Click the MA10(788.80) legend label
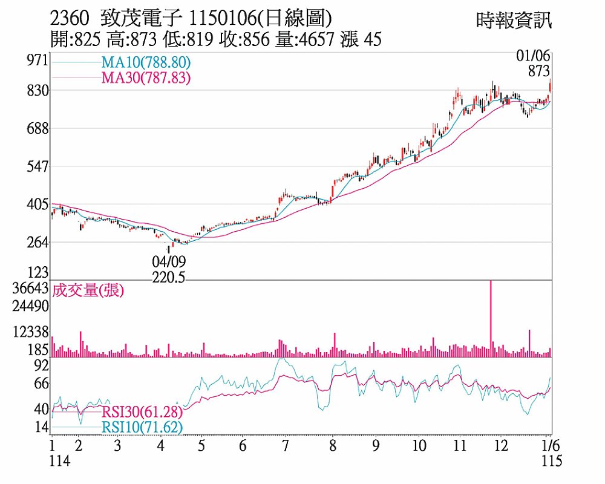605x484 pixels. pos(146,62)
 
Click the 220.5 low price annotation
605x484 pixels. pos(169,278)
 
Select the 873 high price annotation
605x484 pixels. pos(538,71)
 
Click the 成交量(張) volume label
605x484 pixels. pos(88,291)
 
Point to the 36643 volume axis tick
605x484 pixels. pos(30,288)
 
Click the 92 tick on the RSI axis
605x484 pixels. pos(41,365)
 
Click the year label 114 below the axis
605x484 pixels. pos(59,461)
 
